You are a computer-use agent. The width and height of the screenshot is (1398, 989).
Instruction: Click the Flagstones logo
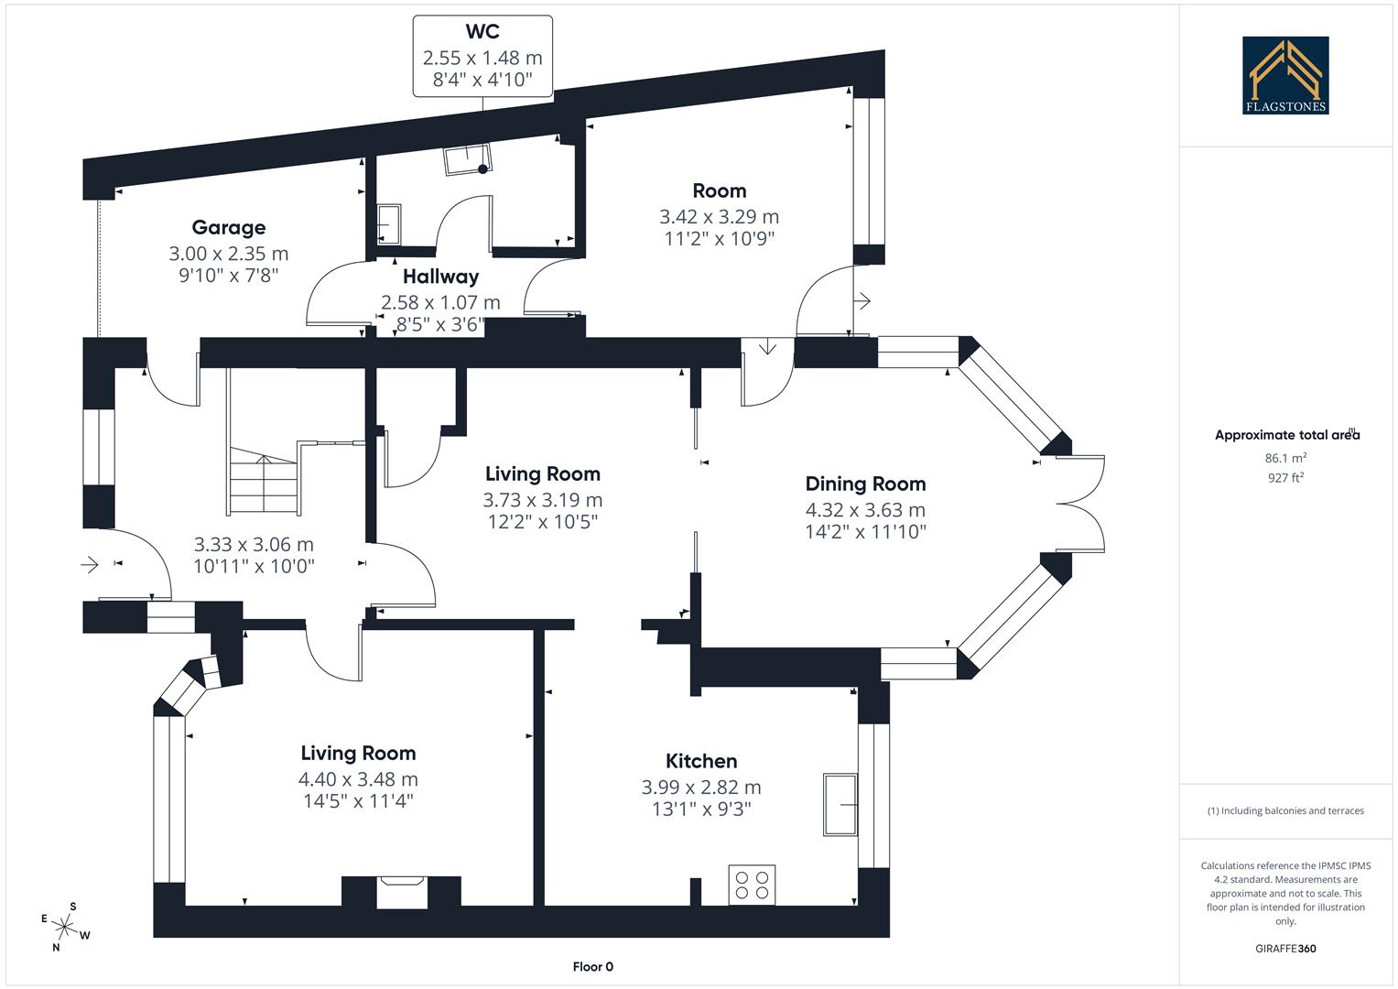1284,75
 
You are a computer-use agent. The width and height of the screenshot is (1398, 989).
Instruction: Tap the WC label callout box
482,56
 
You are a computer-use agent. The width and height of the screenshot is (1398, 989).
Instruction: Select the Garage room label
229,227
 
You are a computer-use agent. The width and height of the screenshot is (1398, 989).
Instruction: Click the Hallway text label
440,277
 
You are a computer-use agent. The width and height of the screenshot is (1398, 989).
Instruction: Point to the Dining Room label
865,484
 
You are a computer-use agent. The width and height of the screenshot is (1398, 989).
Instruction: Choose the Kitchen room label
701,762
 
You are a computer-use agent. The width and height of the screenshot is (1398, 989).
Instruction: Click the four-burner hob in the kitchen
752,885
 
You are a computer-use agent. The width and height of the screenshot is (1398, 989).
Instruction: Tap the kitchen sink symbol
840,804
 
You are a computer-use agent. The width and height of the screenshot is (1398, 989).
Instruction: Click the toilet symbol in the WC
467,159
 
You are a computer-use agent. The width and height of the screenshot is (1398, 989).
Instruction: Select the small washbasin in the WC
389,225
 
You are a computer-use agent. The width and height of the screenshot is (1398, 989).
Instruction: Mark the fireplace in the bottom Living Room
402,891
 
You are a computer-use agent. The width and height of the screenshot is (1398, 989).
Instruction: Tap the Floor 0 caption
592,967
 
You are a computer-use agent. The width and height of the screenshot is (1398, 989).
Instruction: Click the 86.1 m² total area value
1285,458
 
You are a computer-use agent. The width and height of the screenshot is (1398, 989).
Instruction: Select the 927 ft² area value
1285,477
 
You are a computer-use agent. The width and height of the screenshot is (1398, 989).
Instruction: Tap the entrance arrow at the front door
90,565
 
